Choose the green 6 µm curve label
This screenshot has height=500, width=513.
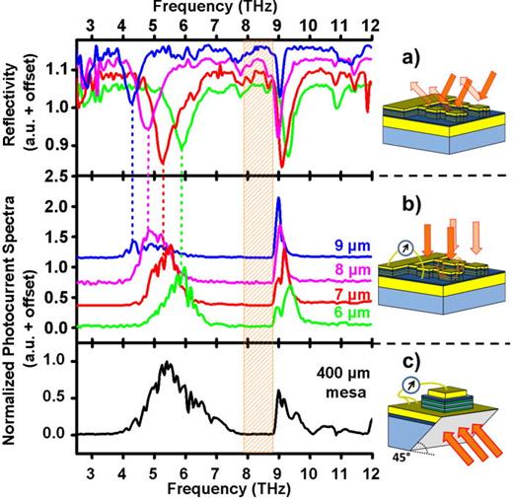tap(345, 321)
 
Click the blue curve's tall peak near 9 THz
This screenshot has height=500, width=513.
tap(278, 200)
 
